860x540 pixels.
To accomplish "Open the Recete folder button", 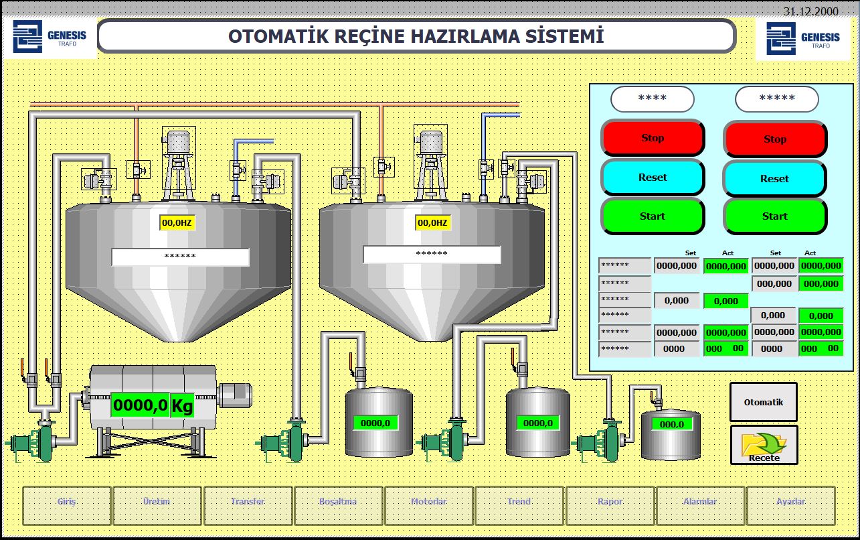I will (764, 445).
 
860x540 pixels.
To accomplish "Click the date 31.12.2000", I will (810, 11).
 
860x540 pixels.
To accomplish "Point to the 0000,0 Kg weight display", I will (153, 405).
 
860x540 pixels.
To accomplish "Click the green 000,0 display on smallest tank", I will (672, 424).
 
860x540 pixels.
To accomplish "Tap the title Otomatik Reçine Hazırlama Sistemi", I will (416, 36).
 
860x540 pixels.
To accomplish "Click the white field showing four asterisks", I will (652, 98).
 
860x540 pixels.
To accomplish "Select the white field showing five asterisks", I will (776, 99).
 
